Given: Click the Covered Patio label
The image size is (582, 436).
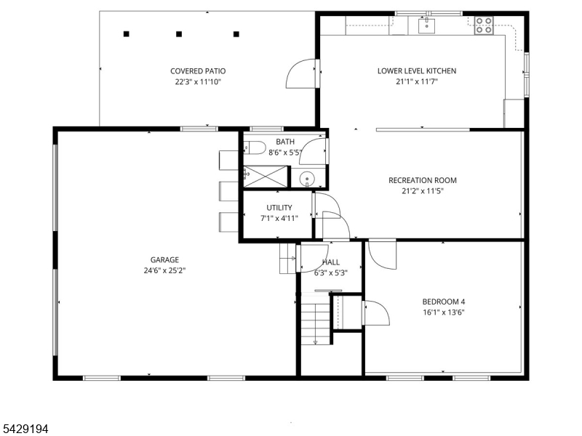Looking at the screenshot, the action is (x=198, y=70).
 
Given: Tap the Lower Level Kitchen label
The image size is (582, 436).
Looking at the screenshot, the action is (x=417, y=70).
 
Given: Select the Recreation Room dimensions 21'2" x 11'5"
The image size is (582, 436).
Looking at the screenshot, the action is (x=423, y=191).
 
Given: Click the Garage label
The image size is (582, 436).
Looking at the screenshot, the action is (x=164, y=260).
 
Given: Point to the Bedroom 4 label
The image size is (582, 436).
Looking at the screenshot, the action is (x=444, y=302).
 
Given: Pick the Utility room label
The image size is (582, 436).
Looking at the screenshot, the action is (x=279, y=208).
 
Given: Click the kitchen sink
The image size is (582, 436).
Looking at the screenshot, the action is (x=426, y=25).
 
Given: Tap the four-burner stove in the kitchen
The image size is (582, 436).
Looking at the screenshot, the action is (x=484, y=25).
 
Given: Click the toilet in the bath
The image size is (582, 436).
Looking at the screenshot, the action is (x=255, y=148).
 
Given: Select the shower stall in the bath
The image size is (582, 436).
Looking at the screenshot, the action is (x=266, y=177).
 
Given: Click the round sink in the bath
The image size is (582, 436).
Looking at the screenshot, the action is (x=307, y=178).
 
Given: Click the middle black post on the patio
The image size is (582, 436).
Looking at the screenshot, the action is (x=179, y=34).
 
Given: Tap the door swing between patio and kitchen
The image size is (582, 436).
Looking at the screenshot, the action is (x=300, y=73).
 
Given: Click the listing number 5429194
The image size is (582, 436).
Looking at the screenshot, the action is (x=24, y=429).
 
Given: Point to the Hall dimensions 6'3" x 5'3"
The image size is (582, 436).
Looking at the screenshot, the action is (x=331, y=273).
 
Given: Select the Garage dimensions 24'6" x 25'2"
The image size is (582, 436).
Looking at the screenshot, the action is (x=164, y=270).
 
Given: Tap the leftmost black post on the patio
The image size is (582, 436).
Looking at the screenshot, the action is (x=126, y=34).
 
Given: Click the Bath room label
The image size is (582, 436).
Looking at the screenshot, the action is (x=285, y=142).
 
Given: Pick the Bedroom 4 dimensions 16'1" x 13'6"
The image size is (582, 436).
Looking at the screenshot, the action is (x=444, y=312).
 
